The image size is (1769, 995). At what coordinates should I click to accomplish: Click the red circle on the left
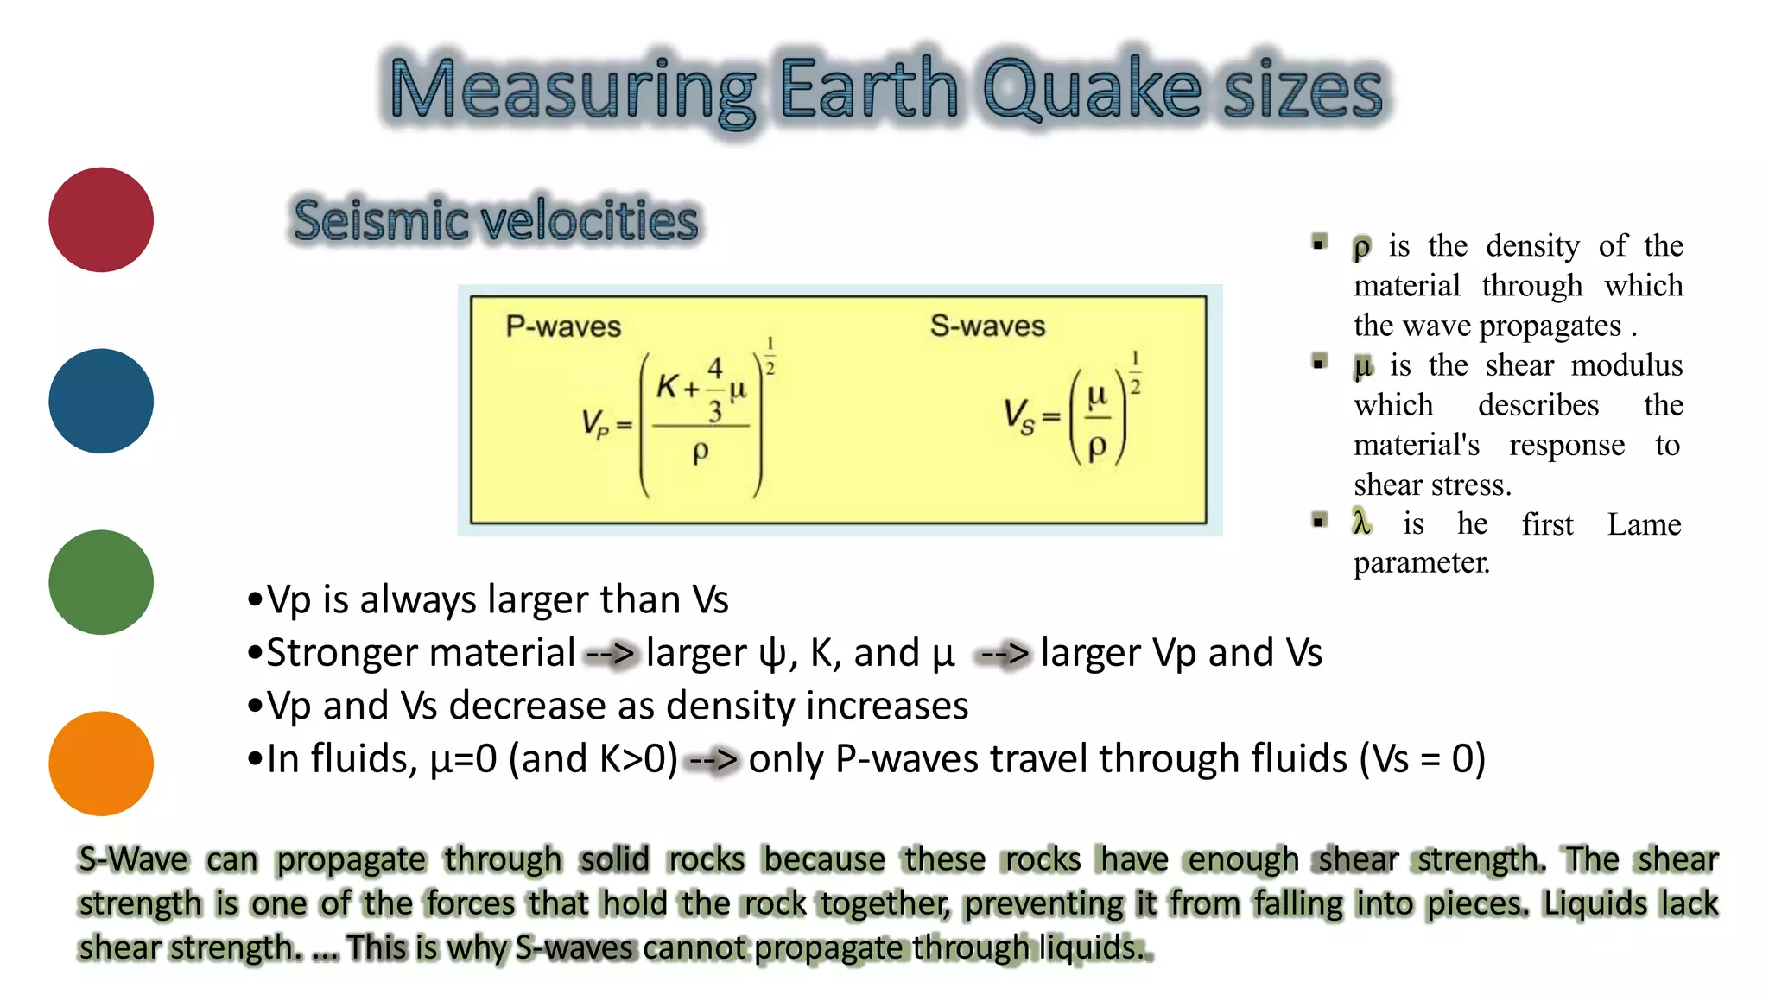coord(101,219)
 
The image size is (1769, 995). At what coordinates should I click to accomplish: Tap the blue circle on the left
coord(101,401)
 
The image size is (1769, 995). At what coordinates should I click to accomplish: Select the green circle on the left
coord(101,582)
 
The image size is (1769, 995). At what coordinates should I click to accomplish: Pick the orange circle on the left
coord(101,764)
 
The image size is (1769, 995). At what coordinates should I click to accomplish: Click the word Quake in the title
coord(1092,90)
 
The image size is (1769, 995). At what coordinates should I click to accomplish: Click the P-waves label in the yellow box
coord(563,326)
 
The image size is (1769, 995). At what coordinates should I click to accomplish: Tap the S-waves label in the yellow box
coord(987,326)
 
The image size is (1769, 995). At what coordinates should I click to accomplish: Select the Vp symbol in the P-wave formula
coord(594,423)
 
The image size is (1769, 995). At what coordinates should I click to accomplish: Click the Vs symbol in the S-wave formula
coord(1018,415)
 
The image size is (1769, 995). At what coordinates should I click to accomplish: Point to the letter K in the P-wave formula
coord(667,386)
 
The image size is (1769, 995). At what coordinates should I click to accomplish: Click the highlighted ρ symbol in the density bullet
coord(1362,248)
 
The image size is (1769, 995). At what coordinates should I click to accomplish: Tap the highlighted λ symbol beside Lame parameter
coord(1362,523)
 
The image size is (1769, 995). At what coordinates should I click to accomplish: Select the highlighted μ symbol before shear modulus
coord(1363,367)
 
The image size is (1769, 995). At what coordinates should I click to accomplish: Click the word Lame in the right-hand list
coord(1644,524)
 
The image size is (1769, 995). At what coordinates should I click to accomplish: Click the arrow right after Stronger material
coord(611,654)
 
